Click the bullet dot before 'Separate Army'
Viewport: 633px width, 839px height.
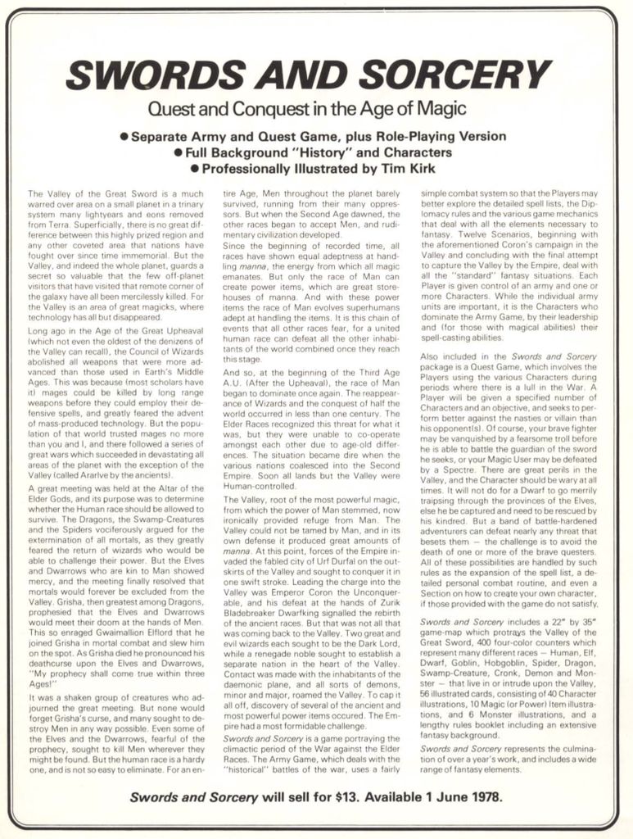[124, 137]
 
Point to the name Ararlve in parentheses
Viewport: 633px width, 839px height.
[97, 474]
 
